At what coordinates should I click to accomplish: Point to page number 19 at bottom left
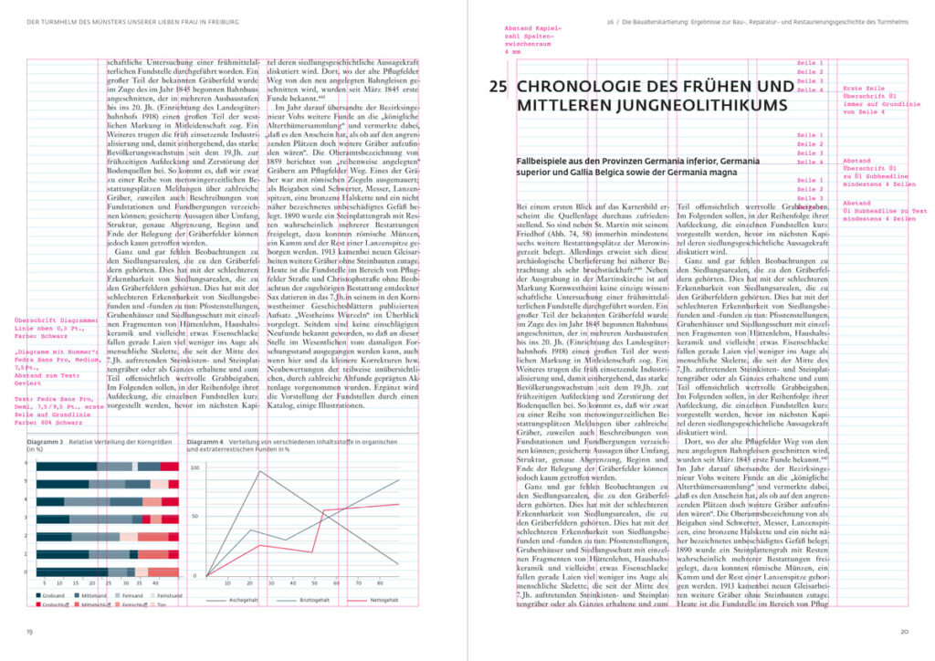[x=30, y=630]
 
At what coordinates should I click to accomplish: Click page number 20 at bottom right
[x=903, y=630]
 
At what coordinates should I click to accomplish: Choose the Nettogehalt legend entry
[x=383, y=600]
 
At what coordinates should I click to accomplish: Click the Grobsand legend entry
[x=54, y=595]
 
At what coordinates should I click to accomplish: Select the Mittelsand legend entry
[x=95, y=595]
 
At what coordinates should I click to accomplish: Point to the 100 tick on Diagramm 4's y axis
[x=194, y=467]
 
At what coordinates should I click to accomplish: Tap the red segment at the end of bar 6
[x=169, y=466]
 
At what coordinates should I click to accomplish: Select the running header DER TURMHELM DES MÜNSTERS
[x=133, y=21]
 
